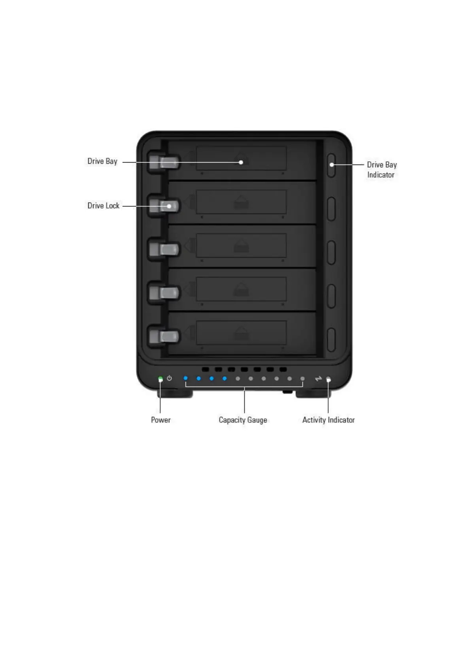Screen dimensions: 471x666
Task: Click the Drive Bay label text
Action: click(x=102, y=161)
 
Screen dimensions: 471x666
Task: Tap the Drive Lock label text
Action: click(x=103, y=206)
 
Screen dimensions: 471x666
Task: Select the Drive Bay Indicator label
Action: click(x=381, y=170)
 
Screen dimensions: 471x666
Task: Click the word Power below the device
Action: click(x=161, y=420)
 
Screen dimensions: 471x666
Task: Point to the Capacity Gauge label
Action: click(x=243, y=420)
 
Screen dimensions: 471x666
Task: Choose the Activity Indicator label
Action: click(x=328, y=420)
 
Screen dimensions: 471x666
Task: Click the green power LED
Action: click(x=161, y=379)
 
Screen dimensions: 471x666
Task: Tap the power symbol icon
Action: click(x=169, y=378)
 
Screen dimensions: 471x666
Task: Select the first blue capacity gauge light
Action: click(x=185, y=378)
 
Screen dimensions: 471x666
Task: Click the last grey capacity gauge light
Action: click(x=303, y=378)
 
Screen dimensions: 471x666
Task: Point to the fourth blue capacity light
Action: click(x=225, y=378)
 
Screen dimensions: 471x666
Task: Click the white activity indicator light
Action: click(x=328, y=380)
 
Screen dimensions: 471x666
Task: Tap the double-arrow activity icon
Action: click(x=318, y=379)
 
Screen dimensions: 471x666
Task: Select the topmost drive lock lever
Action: click(x=164, y=162)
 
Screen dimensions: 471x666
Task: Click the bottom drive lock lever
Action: click(x=164, y=337)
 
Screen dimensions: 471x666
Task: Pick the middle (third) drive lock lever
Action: click(x=164, y=250)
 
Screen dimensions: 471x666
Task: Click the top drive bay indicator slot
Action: click(x=331, y=165)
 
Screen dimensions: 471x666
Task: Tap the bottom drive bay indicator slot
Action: click(x=331, y=339)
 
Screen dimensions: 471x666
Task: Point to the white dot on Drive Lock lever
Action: click(x=169, y=206)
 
